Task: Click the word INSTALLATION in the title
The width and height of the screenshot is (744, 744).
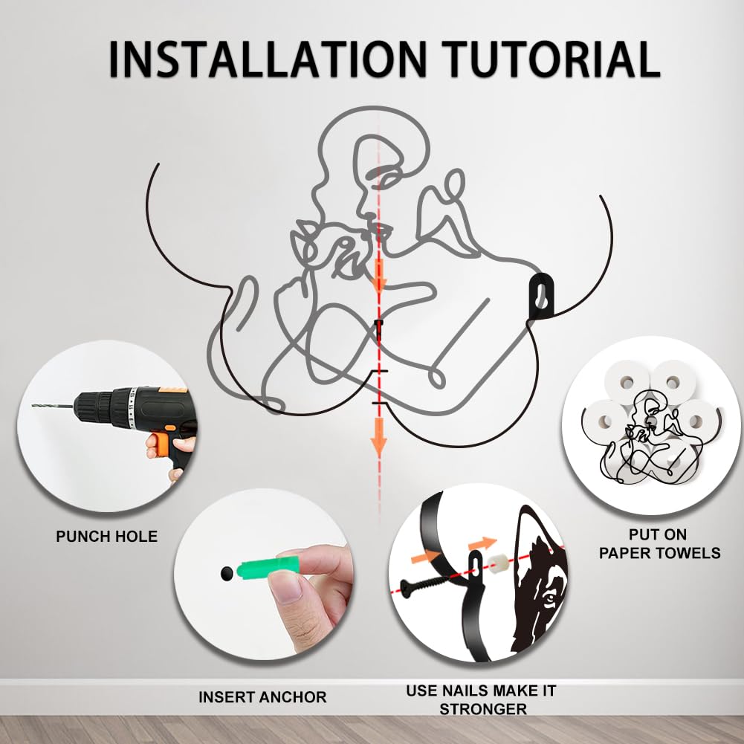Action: pyautogui.click(x=268, y=59)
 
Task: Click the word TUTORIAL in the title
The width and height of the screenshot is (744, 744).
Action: pyautogui.click(x=551, y=59)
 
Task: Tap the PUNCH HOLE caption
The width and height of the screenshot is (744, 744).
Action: pyautogui.click(x=107, y=536)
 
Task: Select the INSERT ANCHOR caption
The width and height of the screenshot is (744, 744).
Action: pyautogui.click(x=262, y=697)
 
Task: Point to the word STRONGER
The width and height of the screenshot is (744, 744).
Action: pyautogui.click(x=483, y=709)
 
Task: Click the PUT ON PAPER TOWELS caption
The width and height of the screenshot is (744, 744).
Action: pyautogui.click(x=659, y=544)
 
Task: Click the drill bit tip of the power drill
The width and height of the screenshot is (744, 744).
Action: pyautogui.click(x=33, y=405)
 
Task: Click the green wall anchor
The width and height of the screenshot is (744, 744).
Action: pyautogui.click(x=266, y=567)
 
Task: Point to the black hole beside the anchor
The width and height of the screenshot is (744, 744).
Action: pyautogui.click(x=227, y=574)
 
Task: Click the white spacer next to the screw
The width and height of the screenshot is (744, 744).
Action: pyautogui.click(x=495, y=563)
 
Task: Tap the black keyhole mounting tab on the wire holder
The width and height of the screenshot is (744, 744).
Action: pyautogui.click(x=541, y=295)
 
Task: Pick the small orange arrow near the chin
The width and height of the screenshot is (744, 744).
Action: pyautogui.click(x=378, y=275)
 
